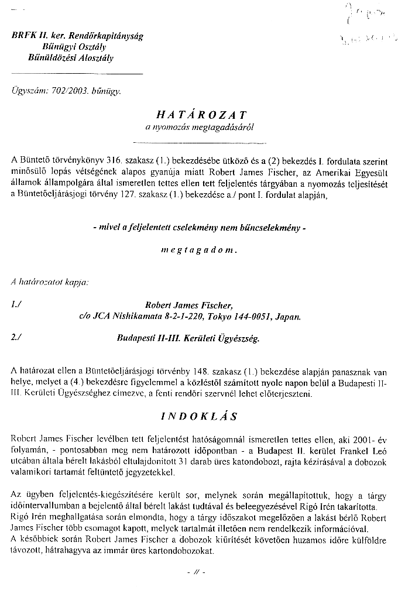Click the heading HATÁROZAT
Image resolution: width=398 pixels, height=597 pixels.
pos(198,115)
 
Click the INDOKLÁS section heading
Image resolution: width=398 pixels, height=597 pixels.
pos(199,417)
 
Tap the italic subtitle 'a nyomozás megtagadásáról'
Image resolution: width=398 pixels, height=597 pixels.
pos(199,128)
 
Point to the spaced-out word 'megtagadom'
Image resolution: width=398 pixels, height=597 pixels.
pos(199,250)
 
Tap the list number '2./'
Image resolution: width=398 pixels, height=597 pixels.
pos(16,338)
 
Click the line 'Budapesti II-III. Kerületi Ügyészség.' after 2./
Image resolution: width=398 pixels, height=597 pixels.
pos(188,338)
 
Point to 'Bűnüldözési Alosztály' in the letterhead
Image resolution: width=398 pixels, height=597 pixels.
pos(71,57)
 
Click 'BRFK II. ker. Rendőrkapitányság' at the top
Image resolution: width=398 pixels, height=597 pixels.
pos(77,36)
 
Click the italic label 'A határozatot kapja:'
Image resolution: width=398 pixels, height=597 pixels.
pos(50,283)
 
